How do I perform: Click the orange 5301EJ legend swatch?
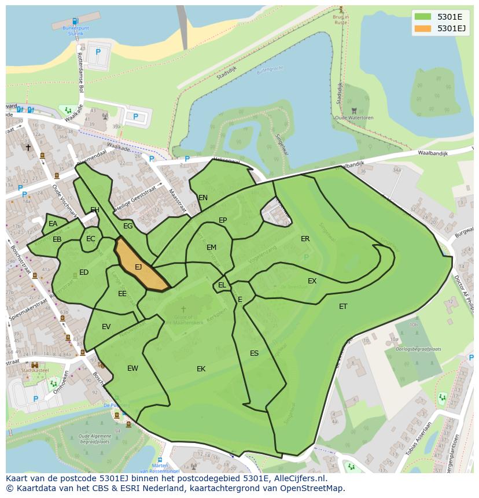423,28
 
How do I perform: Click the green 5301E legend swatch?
423,16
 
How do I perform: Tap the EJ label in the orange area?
138,267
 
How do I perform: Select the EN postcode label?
203,198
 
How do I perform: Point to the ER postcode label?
305,239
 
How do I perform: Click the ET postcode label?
343,307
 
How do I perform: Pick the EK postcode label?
201,369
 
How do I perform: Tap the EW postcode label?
132,368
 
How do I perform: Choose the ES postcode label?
254,353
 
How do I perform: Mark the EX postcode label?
312,281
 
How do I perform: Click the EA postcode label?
53,224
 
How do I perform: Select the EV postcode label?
106,327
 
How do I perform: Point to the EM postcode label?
211,248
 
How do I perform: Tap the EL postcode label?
222,285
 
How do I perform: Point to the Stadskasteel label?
34,370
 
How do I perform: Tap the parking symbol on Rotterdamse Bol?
98,52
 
